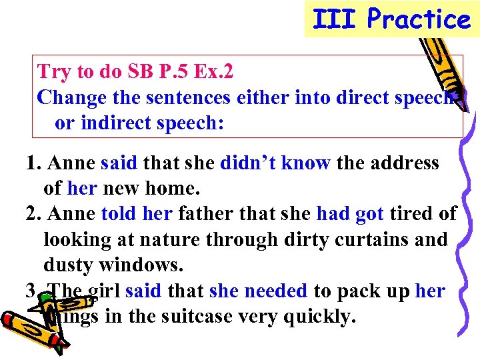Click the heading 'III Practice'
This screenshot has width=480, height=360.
point(391,19)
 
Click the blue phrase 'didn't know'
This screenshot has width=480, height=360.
point(275,163)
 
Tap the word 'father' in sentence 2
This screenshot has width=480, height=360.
point(202,214)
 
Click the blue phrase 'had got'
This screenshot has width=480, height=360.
point(350,214)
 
